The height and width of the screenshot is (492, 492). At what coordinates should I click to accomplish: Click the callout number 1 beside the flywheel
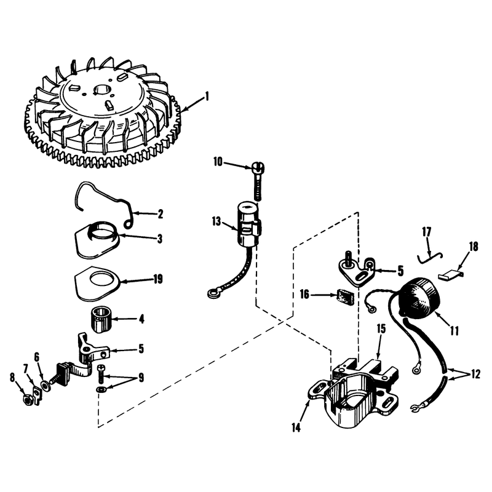[207, 96]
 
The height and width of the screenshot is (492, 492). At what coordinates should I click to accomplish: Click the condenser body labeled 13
[248, 225]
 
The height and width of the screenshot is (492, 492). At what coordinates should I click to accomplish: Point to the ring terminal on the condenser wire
[212, 294]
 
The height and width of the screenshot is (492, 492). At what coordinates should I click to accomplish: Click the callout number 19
[158, 279]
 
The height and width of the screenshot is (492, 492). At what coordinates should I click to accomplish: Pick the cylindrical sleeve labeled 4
[100, 320]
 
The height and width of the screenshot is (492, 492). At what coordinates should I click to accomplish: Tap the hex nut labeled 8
[28, 399]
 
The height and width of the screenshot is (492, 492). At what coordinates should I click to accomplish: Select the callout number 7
[26, 367]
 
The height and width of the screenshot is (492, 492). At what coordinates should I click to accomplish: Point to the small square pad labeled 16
[345, 296]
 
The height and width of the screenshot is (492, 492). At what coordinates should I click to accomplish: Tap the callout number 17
[426, 232]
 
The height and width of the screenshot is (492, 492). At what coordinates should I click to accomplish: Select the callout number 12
[475, 374]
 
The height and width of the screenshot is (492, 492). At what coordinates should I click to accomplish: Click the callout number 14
[296, 427]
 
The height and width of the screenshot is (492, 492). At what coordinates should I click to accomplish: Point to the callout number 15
[381, 329]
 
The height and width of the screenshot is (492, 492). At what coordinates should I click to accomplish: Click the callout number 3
[160, 239]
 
